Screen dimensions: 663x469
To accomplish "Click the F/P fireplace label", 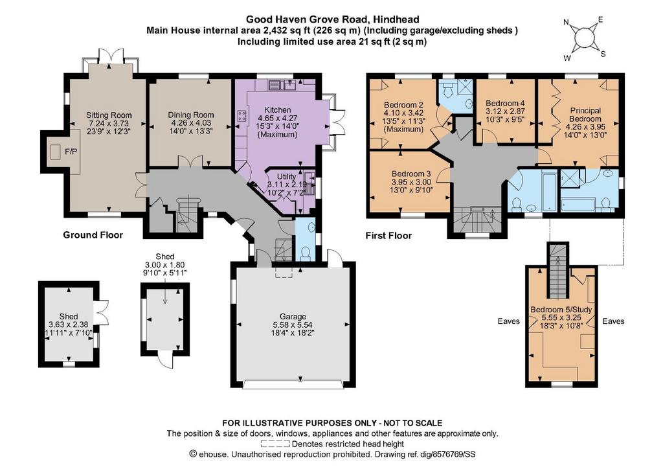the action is point(71,152).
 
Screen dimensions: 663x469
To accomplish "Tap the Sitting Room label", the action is point(109,115).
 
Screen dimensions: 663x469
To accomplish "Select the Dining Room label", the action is point(191,115).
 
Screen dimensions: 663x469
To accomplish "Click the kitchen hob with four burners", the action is point(242,117).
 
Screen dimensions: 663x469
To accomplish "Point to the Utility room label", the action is point(286,177).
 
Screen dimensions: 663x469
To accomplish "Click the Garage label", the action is point(293,317).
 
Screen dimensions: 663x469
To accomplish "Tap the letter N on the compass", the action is point(566,23).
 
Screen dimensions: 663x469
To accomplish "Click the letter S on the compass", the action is point(603,54).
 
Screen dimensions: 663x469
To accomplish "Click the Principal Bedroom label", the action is point(585,115).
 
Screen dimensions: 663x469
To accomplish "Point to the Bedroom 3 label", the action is point(411,174).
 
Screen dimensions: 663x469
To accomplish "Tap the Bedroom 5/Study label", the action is point(561,310).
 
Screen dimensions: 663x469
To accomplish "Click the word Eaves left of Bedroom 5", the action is point(509,321).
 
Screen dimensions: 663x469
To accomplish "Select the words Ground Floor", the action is point(93,235).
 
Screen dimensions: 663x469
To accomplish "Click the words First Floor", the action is point(388,236).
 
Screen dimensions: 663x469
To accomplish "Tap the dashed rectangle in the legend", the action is point(275,444).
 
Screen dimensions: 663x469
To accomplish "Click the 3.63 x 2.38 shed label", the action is point(69,325).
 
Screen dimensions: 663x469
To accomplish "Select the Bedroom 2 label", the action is point(403,105).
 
